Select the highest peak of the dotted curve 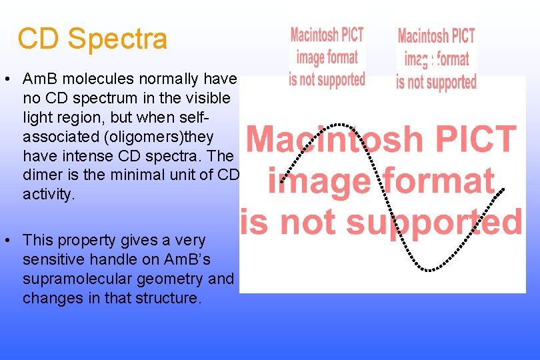click(340, 125)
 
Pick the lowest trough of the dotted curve click(430, 269)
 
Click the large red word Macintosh click(323, 139)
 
